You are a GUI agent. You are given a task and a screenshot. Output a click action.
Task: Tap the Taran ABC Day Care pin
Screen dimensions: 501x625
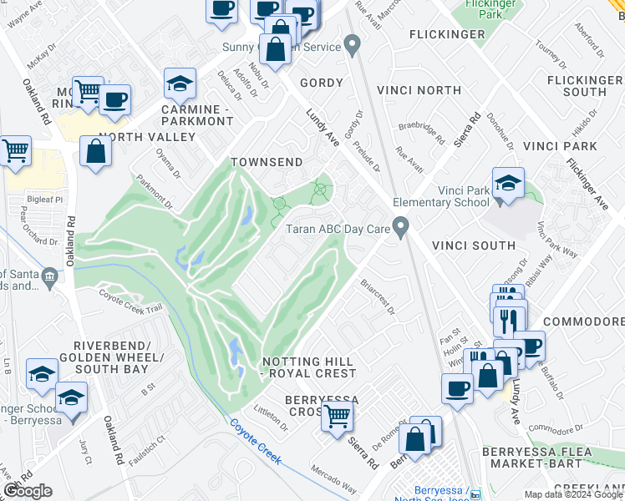[x=402, y=226]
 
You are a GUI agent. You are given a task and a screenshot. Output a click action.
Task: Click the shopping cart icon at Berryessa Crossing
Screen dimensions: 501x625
[x=338, y=414]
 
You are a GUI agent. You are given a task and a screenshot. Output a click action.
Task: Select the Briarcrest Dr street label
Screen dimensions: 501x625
[x=379, y=296]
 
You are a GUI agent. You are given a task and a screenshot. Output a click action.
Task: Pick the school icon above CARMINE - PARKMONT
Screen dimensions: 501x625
[x=180, y=83]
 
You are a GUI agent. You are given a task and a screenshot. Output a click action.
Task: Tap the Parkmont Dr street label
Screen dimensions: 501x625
[x=155, y=191]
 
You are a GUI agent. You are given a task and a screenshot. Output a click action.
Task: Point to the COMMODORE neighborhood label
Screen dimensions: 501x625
[x=583, y=321]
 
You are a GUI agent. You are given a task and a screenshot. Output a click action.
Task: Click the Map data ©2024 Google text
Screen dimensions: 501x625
[x=572, y=494]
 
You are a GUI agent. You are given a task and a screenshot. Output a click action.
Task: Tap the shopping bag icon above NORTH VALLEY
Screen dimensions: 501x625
[x=96, y=151]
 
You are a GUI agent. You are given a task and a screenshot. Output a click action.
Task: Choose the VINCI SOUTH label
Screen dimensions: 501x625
[x=474, y=245]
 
